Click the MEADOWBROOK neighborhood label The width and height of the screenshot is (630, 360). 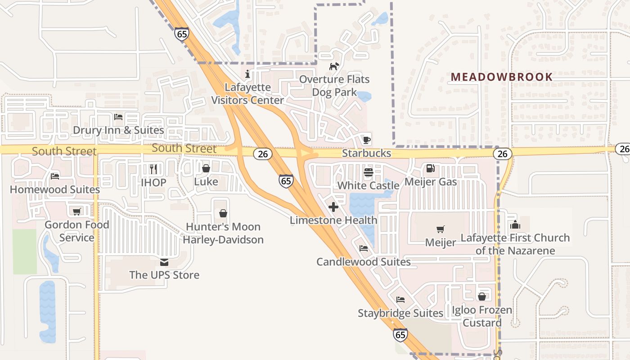click(502, 77)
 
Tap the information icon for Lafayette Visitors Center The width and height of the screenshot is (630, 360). click(247, 74)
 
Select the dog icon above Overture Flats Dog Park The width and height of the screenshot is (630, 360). click(334, 66)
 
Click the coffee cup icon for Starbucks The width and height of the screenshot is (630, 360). click(367, 139)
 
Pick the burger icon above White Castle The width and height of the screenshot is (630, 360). click(368, 172)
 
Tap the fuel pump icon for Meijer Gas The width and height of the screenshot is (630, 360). click(430, 168)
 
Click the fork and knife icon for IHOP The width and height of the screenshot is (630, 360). click(153, 169)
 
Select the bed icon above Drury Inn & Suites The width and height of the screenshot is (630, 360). click(118, 117)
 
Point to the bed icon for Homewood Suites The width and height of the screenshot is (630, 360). click(55, 176)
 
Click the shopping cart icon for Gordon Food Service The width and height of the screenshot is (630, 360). click(76, 211)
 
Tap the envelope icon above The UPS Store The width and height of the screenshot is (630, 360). click(164, 262)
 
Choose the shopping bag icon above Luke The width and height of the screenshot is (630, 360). click(206, 168)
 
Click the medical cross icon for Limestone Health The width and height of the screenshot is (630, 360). click(333, 207)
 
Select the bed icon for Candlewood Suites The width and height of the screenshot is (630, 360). click(364, 248)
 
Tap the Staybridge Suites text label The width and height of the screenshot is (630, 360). click(400, 313)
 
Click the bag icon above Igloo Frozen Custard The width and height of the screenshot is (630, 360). click(482, 297)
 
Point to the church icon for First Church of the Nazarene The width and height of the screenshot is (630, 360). click(515, 224)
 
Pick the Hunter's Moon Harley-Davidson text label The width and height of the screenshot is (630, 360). click(223, 233)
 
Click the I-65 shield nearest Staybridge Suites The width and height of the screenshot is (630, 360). click(400, 334)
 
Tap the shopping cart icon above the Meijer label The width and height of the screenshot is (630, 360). click(441, 229)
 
